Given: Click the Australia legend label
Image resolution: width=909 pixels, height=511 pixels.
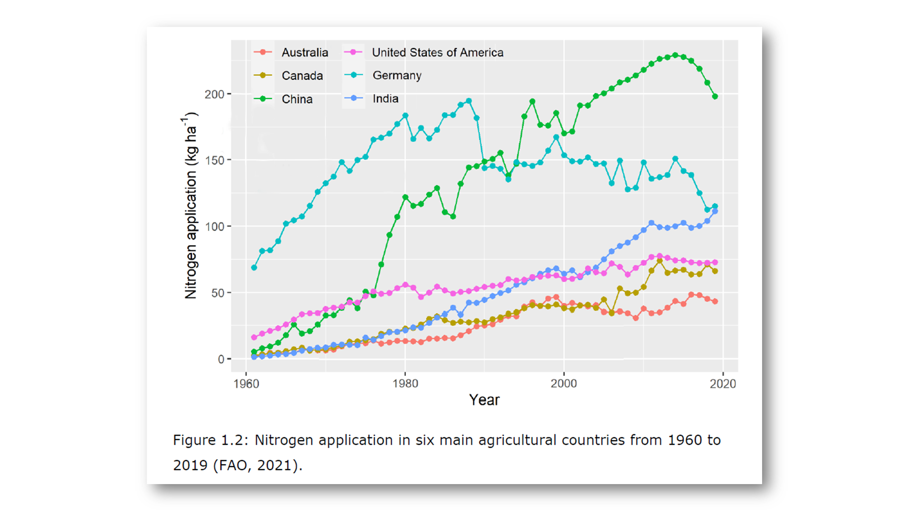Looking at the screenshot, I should pos(304,52).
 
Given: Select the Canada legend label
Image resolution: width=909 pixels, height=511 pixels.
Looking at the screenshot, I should pos(302,76).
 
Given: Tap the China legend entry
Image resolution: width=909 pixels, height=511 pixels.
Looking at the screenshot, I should pos(297,99).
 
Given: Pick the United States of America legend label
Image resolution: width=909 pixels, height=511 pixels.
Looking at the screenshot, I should pos(438,52).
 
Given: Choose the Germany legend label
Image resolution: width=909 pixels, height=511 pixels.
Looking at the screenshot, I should pos(397,76).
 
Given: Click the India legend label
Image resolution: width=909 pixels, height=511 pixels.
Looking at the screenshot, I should pos(385,99).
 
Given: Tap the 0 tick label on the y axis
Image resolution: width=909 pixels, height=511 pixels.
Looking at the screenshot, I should pos(221,359).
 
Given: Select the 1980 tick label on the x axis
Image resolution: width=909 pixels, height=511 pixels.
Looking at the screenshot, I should pos(405,384).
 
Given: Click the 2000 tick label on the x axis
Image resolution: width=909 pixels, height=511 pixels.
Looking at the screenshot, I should pos(563,384).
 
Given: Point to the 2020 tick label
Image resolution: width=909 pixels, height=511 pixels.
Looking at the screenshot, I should pos(723,384).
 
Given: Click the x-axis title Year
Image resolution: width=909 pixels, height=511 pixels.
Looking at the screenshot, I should pos(484,400).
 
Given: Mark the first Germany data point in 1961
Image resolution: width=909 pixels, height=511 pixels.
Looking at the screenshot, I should pos(254,268).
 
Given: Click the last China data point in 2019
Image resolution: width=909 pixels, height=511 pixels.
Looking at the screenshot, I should pos(715,96).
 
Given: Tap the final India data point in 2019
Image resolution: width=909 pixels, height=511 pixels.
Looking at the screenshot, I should pos(715,212).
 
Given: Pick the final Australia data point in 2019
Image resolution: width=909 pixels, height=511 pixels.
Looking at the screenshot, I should pos(715,301).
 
